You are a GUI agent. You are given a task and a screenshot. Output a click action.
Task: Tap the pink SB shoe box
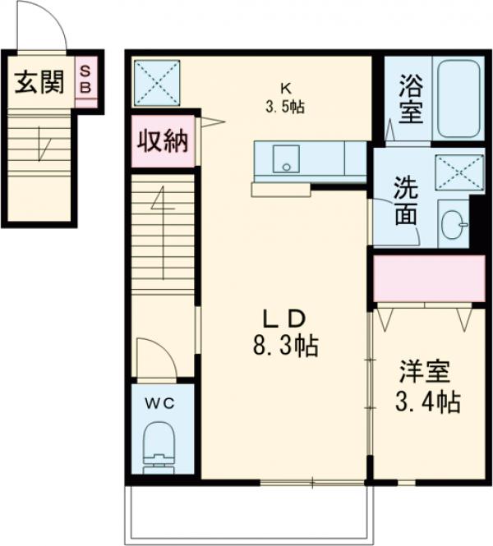click(x=85, y=80)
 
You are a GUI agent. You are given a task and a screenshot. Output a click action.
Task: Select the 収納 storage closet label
click(x=162, y=140)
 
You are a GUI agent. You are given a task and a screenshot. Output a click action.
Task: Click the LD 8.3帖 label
click(x=284, y=332)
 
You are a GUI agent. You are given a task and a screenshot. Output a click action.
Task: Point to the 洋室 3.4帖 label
click(x=424, y=386)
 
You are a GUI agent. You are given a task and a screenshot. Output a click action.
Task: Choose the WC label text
click(x=162, y=402)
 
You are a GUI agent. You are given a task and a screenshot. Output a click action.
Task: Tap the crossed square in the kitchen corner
click(x=156, y=81)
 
